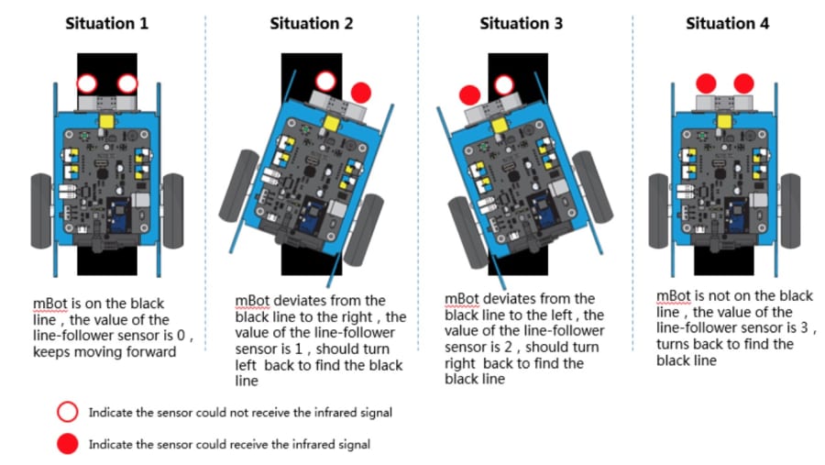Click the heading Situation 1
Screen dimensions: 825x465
107,24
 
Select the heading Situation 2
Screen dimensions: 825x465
312,24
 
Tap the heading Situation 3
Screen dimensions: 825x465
521,24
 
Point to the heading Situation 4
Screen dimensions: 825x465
727,24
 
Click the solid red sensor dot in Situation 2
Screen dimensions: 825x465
361,93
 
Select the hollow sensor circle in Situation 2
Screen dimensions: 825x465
325,72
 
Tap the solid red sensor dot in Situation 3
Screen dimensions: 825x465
469,95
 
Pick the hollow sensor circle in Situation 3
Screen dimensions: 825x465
504,75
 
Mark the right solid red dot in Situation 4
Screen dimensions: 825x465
743,83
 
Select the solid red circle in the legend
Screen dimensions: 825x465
67,444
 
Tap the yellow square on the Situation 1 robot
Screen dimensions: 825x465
107,122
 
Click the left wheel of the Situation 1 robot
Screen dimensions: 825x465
41,211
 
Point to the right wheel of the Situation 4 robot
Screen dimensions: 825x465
790,211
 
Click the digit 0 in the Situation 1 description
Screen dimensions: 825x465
181,336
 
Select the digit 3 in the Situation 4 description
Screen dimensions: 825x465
804,328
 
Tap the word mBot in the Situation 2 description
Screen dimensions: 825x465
253,301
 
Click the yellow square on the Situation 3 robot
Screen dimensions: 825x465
500,126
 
